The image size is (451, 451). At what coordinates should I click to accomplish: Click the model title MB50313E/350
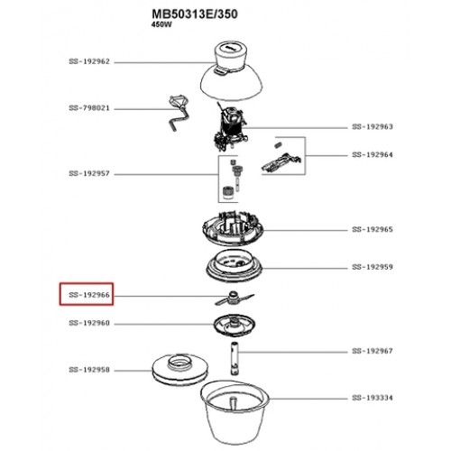[x=195, y=14]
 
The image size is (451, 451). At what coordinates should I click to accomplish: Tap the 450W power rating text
[x=161, y=24]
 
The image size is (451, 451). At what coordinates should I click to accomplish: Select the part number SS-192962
[x=89, y=61]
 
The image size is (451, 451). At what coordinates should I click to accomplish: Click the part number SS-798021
[x=89, y=108]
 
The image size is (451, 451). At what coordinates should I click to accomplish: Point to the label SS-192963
[x=373, y=126]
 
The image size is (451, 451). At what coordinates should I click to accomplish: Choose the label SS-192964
[x=373, y=155]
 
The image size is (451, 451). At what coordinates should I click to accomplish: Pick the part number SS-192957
[x=89, y=173]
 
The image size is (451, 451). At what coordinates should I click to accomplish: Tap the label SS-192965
[x=373, y=229]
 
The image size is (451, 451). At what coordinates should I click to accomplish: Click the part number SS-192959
[x=373, y=267]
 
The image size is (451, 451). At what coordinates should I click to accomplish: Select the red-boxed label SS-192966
[x=89, y=295]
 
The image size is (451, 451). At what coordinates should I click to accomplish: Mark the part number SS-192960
[x=89, y=323]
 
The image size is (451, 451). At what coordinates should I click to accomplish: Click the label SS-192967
[x=373, y=351]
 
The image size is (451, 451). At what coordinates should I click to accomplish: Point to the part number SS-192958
[x=89, y=370]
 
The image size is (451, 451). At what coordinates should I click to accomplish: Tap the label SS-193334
[x=373, y=398]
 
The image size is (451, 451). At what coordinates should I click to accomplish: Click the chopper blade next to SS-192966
[x=234, y=299]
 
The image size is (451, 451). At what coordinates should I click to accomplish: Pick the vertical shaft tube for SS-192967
[x=235, y=359]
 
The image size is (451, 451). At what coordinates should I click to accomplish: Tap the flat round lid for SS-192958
[x=179, y=368]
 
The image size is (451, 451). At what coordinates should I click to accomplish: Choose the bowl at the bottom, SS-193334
[x=235, y=412]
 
